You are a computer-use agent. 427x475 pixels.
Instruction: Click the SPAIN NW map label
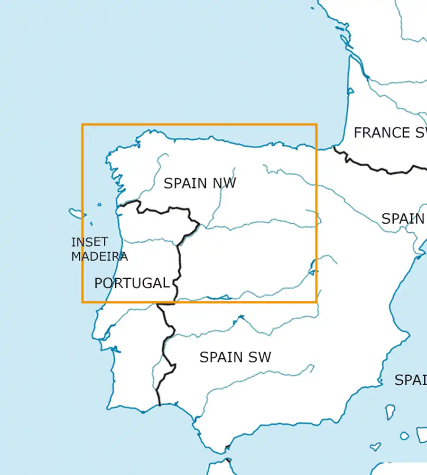pyautogui.click(x=199, y=183)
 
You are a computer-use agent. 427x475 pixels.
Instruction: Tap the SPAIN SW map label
pyautogui.click(x=235, y=357)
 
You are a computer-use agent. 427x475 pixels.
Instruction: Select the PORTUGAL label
pyautogui.click(x=131, y=283)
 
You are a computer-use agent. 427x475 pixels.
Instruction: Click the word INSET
pyautogui.click(x=90, y=242)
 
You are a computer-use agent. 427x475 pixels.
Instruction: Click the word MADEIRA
pyautogui.click(x=100, y=256)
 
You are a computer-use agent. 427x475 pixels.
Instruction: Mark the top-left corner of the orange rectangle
pyautogui.click(x=83, y=125)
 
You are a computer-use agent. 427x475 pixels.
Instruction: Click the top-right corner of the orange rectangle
pyautogui.click(x=316, y=125)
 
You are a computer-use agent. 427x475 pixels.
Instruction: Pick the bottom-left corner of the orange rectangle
pyautogui.click(x=83, y=302)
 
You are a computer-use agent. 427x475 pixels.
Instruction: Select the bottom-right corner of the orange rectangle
pyautogui.click(x=316, y=302)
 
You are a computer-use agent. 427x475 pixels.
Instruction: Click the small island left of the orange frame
pyautogui.click(x=75, y=212)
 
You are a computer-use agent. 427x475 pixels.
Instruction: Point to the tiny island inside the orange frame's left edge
pyautogui.click(x=99, y=205)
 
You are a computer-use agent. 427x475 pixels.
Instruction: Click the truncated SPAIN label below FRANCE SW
pyautogui.click(x=403, y=219)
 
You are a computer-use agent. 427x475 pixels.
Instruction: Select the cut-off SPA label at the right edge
pyautogui.click(x=410, y=380)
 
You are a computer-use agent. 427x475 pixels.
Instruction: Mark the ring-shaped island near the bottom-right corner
pyautogui.click(x=404, y=436)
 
